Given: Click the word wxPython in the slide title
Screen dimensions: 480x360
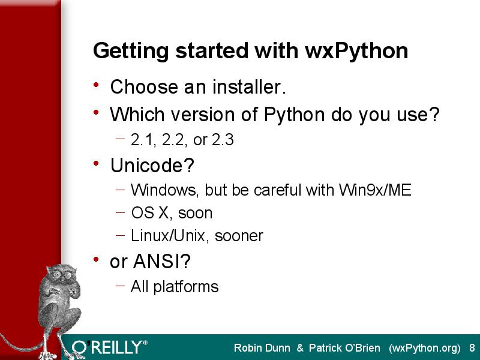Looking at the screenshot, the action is [356, 51].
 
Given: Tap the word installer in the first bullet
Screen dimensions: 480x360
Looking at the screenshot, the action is [249, 86].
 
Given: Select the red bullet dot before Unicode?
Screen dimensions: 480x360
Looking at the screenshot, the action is [96, 163].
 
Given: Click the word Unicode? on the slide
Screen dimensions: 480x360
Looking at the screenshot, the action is [152, 166].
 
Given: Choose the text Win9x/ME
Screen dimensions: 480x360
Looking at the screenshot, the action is [375, 190].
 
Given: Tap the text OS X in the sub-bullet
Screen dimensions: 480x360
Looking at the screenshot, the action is [150, 213].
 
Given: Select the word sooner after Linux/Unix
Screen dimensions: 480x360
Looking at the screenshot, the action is [239, 236].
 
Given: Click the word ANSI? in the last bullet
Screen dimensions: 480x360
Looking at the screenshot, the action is [162, 261].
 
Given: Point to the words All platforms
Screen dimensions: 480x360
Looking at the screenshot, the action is [175, 287].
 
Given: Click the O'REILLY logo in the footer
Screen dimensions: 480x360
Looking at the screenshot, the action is [110, 348].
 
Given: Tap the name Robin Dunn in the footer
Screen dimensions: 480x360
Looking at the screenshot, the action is [262, 348].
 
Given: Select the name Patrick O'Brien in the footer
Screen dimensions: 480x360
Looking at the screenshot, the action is [344, 348].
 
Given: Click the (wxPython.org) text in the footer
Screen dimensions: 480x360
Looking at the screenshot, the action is [425, 349].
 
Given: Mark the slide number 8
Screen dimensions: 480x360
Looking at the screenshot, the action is [472, 348].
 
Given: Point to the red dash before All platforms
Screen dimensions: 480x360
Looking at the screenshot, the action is [121, 286].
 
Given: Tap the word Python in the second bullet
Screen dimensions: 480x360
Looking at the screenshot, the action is [294, 115].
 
